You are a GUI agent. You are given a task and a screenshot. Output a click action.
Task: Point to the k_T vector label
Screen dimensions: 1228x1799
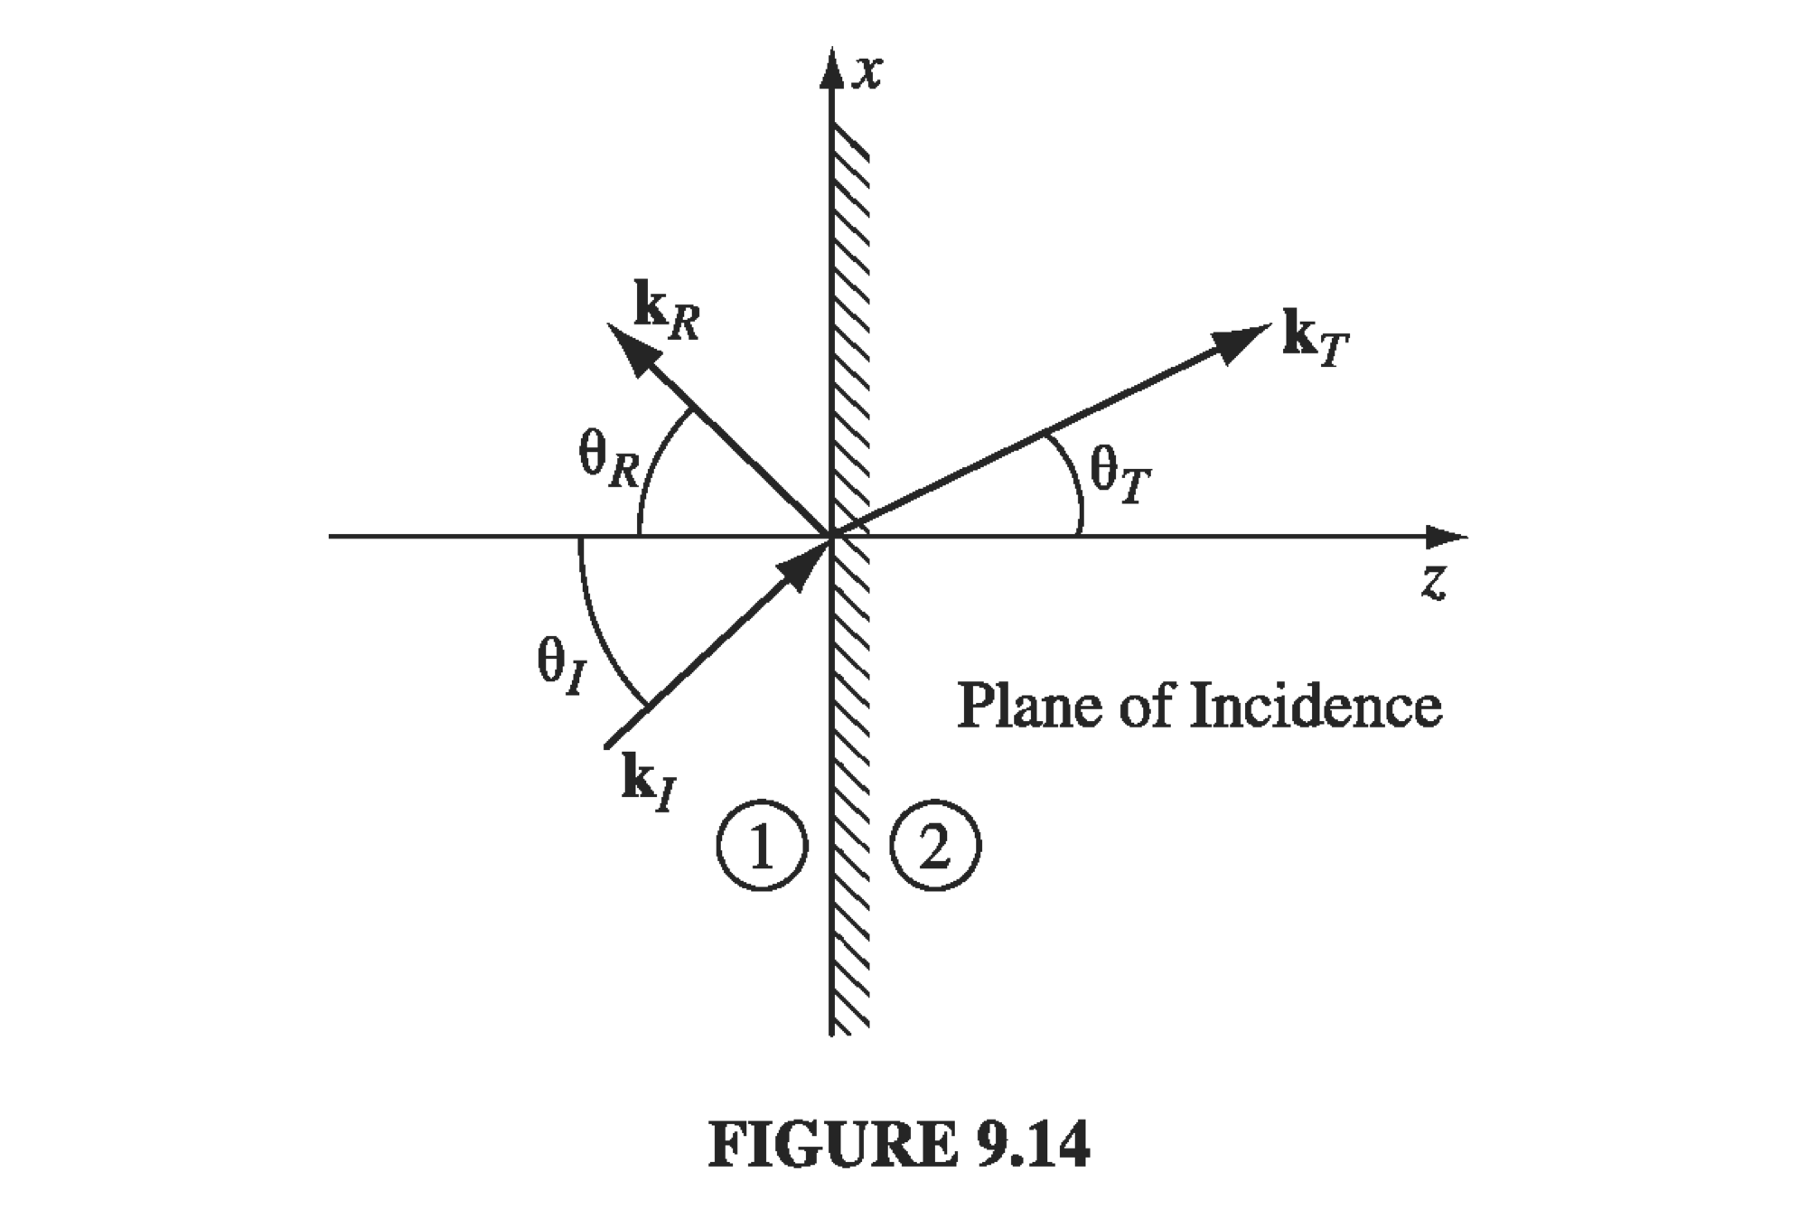[1316, 339]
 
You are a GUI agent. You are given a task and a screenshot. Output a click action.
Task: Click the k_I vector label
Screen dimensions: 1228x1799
[648, 782]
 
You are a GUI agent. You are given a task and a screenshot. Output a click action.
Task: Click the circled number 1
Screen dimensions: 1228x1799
[761, 846]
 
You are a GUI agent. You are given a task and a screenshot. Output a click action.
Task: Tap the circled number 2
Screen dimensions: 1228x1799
[935, 846]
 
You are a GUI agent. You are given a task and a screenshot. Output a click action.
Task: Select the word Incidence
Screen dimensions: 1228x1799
[1316, 706]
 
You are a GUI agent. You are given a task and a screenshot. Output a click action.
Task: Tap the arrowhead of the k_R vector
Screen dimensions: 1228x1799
[629, 348]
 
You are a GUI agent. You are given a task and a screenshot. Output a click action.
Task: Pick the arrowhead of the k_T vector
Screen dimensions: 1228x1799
[1239, 342]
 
